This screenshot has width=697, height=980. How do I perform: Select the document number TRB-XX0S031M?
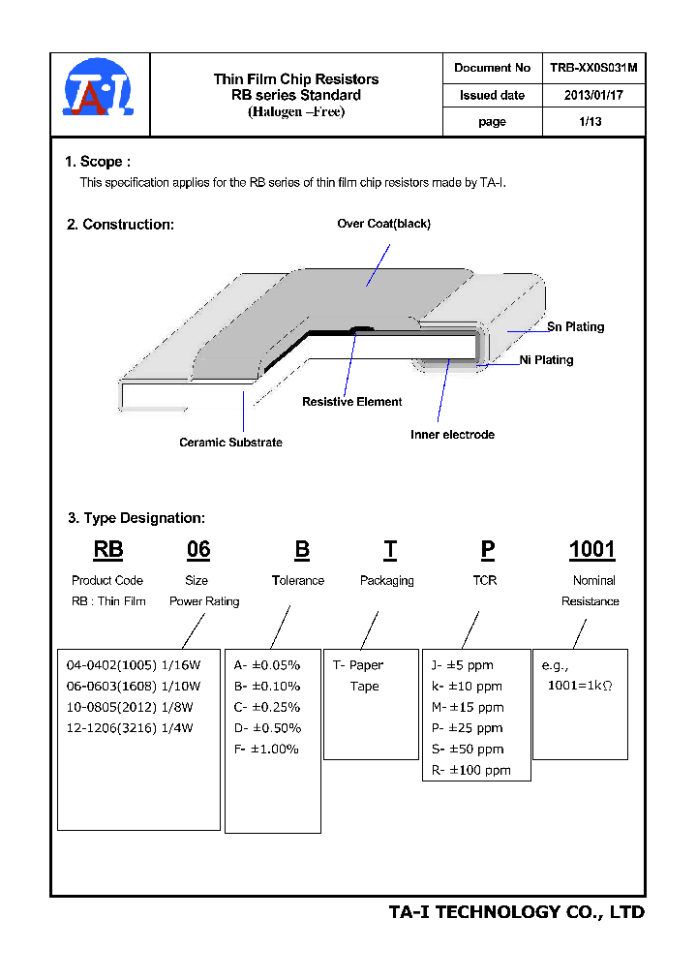pyautogui.click(x=592, y=68)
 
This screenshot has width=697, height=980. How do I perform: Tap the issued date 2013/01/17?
pyautogui.click(x=592, y=95)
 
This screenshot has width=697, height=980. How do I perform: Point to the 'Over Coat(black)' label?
pyautogui.click(x=383, y=224)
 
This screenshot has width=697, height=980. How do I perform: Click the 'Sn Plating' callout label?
pyautogui.click(x=575, y=327)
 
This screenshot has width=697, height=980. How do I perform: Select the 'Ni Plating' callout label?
pyautogui.click(x=546, y=360)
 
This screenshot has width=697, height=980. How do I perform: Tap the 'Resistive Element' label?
pyautogui.click(x=352, y=402)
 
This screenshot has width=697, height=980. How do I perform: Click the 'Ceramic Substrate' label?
pyautogui.click(x=230, y=443)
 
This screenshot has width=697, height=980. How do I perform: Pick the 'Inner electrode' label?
pyautogui.click(x=452, y=435)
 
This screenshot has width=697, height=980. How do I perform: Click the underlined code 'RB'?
pyautogui.click(x=108, y=550)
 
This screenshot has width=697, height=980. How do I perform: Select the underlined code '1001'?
pyautogui.click(x=591, y=550)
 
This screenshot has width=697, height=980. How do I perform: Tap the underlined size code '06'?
pyautogui.click(x=198, y=550)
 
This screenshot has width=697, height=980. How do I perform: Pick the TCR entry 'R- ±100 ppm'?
pyautogui.click(x=470, y=771)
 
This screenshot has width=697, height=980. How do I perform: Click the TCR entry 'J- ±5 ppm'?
pyautogui.click(x=462, y=665)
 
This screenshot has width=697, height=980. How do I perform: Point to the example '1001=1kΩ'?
pyautogui.click(x=581, y=686)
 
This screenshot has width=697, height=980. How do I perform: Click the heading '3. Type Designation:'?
pyautogui.click(x=136, y=518)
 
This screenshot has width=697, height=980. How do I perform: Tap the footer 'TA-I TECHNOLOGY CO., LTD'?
pyautogui.click(x=516, y=912)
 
